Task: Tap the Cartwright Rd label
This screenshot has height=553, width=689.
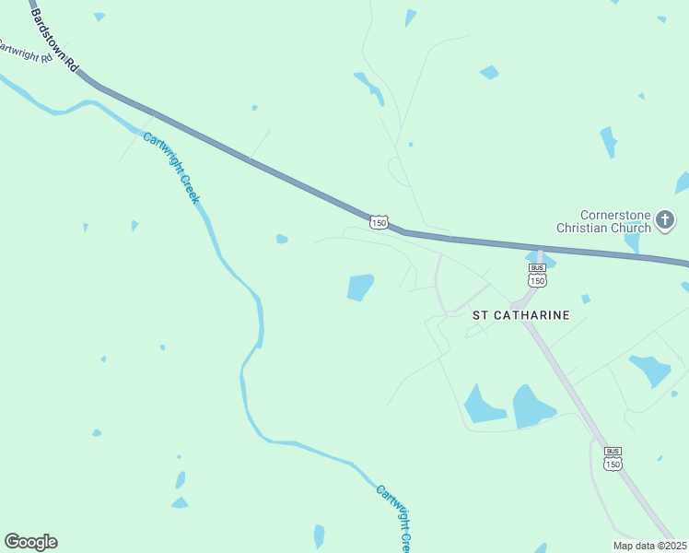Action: (x=20, y=52)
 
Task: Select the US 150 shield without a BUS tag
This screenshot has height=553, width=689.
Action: (x=379, y=222)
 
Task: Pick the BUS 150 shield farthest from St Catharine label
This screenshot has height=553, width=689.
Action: (x=613, y=459)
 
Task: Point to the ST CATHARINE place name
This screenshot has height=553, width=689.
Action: (x=520, y=315)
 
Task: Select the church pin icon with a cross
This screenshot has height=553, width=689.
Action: (x=666, y=221)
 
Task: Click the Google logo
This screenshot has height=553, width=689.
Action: (x=30, y=542)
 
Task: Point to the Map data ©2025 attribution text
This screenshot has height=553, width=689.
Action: (x=649, y=546)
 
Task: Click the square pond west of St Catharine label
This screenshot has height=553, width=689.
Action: (x=360, y=288)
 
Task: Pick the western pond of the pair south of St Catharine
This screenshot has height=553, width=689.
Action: (x=483, y=406)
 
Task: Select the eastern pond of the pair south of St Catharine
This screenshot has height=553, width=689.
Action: (x=532, y=406)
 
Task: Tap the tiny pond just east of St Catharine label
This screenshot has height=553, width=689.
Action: (x=585, y=299)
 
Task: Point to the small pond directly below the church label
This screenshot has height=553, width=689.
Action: (x=632, y=242)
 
